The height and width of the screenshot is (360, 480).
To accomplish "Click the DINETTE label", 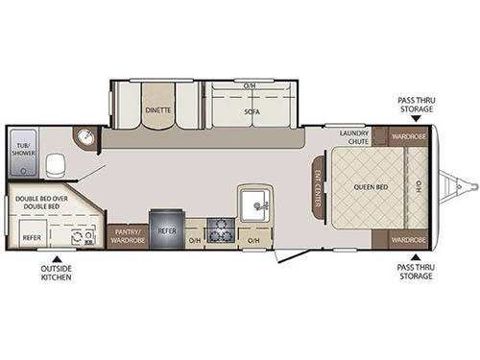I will click(158, 109).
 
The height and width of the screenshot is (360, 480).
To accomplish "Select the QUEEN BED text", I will click(370, 187).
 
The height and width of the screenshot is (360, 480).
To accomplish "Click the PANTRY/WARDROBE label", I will click(129, 235).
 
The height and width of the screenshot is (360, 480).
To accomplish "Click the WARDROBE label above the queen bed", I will click(408, 134).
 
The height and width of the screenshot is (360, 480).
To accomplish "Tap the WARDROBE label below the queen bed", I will click(408, 237).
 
